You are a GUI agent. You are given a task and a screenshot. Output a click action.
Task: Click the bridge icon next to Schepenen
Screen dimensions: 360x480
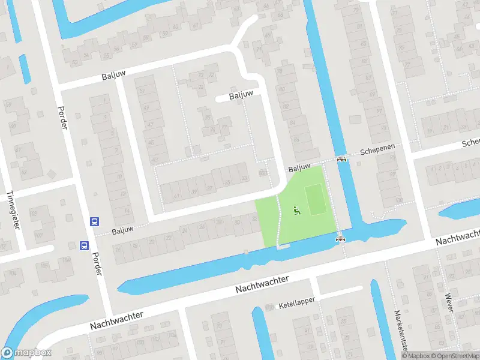(342, 159)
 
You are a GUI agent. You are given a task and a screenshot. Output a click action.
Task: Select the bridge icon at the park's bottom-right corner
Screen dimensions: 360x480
(341, 238)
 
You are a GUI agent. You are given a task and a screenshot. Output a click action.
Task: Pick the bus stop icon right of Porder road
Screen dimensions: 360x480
(94, 221)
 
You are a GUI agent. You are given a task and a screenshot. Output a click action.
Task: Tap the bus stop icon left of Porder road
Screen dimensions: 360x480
(84, 245)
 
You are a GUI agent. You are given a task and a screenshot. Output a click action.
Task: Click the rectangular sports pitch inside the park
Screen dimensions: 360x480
(316, 200)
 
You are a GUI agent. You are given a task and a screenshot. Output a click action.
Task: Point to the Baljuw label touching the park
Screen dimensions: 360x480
(298, 170)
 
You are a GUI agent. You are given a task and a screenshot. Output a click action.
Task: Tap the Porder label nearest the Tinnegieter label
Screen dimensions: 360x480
(63, 118)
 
